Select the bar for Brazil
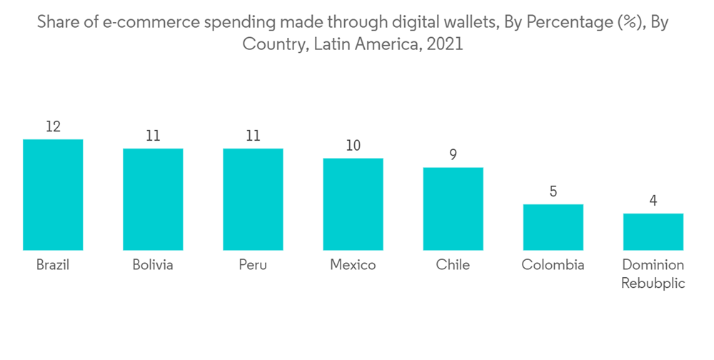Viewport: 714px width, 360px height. [53, 194]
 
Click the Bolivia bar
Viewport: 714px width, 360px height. [153, 199]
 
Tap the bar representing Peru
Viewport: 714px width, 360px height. [253, 199]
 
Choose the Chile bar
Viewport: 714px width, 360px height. [453, 209]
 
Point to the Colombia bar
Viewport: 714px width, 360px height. [553, 227]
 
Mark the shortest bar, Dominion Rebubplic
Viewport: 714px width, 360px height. [653, 231]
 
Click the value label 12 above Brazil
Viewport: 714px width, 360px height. [53, 127]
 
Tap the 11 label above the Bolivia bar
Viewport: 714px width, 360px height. [153, 136]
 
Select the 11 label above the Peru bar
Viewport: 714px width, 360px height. [253, 136]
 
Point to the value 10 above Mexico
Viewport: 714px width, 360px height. [353, 146]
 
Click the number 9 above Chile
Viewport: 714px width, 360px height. [453, 155]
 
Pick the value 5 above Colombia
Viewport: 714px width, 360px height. [553, 192]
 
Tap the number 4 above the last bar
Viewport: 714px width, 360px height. [653, 201]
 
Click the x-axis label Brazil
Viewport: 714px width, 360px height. [53, 265]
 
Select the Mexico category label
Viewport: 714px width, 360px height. [353, 265]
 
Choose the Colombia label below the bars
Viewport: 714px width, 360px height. [553, 265]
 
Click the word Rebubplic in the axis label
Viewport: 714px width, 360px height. [653, 283]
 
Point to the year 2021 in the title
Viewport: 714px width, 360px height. [444, 44]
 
